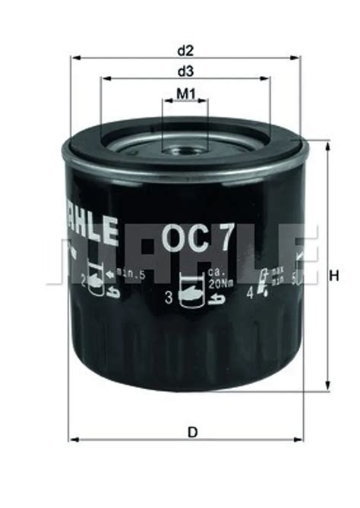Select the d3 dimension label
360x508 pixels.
pos(185,71)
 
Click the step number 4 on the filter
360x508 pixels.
pos(250,289)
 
